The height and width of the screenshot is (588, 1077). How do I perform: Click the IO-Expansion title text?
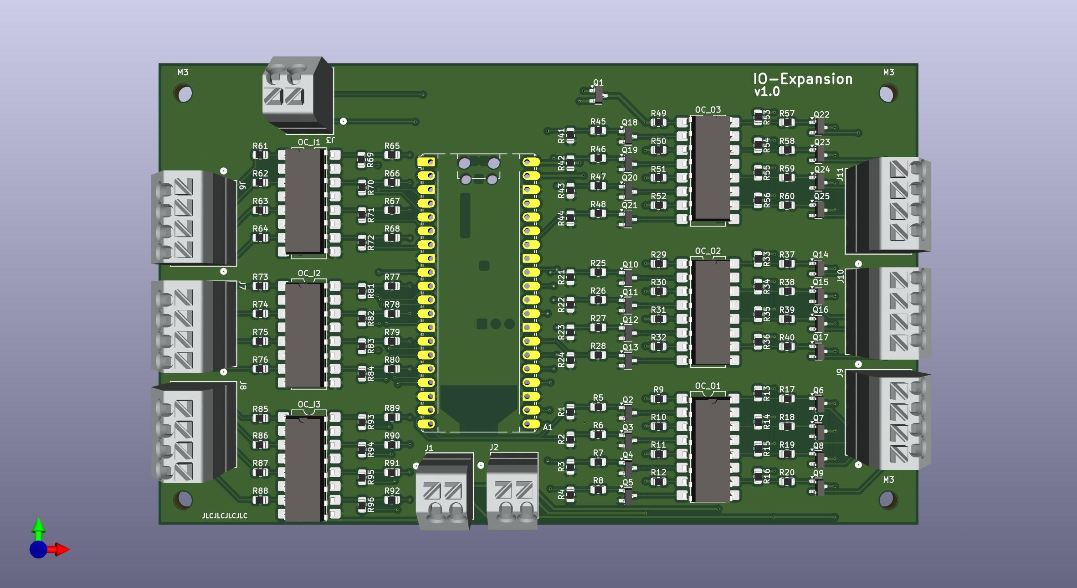(802, 79)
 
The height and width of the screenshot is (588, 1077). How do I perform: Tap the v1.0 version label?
(767, 92)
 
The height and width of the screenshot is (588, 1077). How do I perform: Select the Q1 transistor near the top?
(598, 94)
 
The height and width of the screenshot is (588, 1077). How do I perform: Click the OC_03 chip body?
(711, 167)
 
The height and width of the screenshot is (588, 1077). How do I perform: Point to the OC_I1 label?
(309, 142)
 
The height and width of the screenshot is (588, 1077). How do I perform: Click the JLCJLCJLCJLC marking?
(225, 516)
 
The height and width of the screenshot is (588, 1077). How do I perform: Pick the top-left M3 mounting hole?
(184, 94)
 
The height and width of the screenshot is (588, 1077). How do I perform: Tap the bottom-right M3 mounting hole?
(887, 499)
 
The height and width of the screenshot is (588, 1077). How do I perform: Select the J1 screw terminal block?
(443, 492)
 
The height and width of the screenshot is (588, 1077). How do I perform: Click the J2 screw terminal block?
(513, 492)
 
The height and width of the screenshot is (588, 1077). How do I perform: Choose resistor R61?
(260, 155)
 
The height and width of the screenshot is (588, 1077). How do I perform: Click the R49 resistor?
(658, 122)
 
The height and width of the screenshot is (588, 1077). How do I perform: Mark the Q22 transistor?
(820, 125)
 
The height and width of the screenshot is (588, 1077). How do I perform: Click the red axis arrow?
(62, 550)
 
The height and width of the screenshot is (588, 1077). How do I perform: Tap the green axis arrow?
(39, 527)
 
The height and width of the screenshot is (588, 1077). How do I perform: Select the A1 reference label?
(547, 428)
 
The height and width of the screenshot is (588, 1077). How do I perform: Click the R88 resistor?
(260, 500)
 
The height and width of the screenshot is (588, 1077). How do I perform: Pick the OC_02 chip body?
(711, 312)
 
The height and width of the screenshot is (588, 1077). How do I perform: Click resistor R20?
(787, 481)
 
